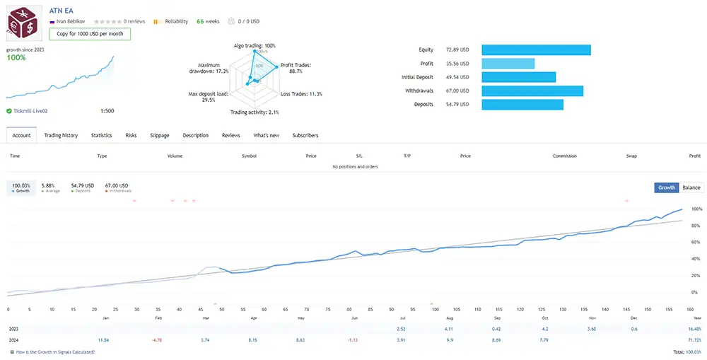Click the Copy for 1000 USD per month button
[x=90, y=33]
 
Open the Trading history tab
[x=61, y=135]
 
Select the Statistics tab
[x=101, y=135]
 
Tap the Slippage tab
[x=160, y=135]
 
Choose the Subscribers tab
[x=305, y=135]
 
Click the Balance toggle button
[x=691, y=187]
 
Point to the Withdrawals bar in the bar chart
[x=532, y=91]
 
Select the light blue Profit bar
[x=508, y=64]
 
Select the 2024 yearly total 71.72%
[x=694, y=340]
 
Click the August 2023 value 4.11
[x=448, y=329]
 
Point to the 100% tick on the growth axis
[x=696, y=209]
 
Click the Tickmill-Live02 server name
[x=30, y=111]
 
